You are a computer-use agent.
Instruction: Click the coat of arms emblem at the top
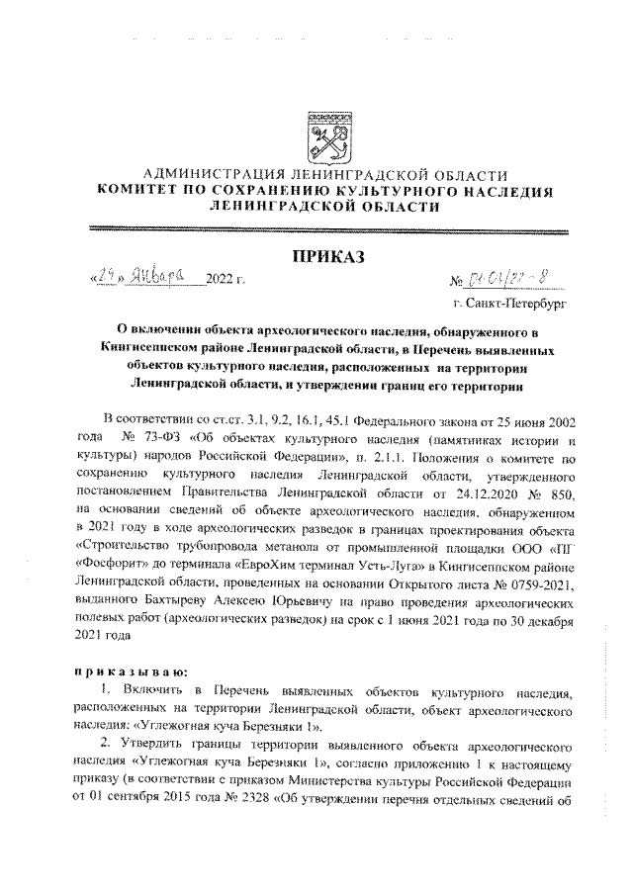pos(324,134)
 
